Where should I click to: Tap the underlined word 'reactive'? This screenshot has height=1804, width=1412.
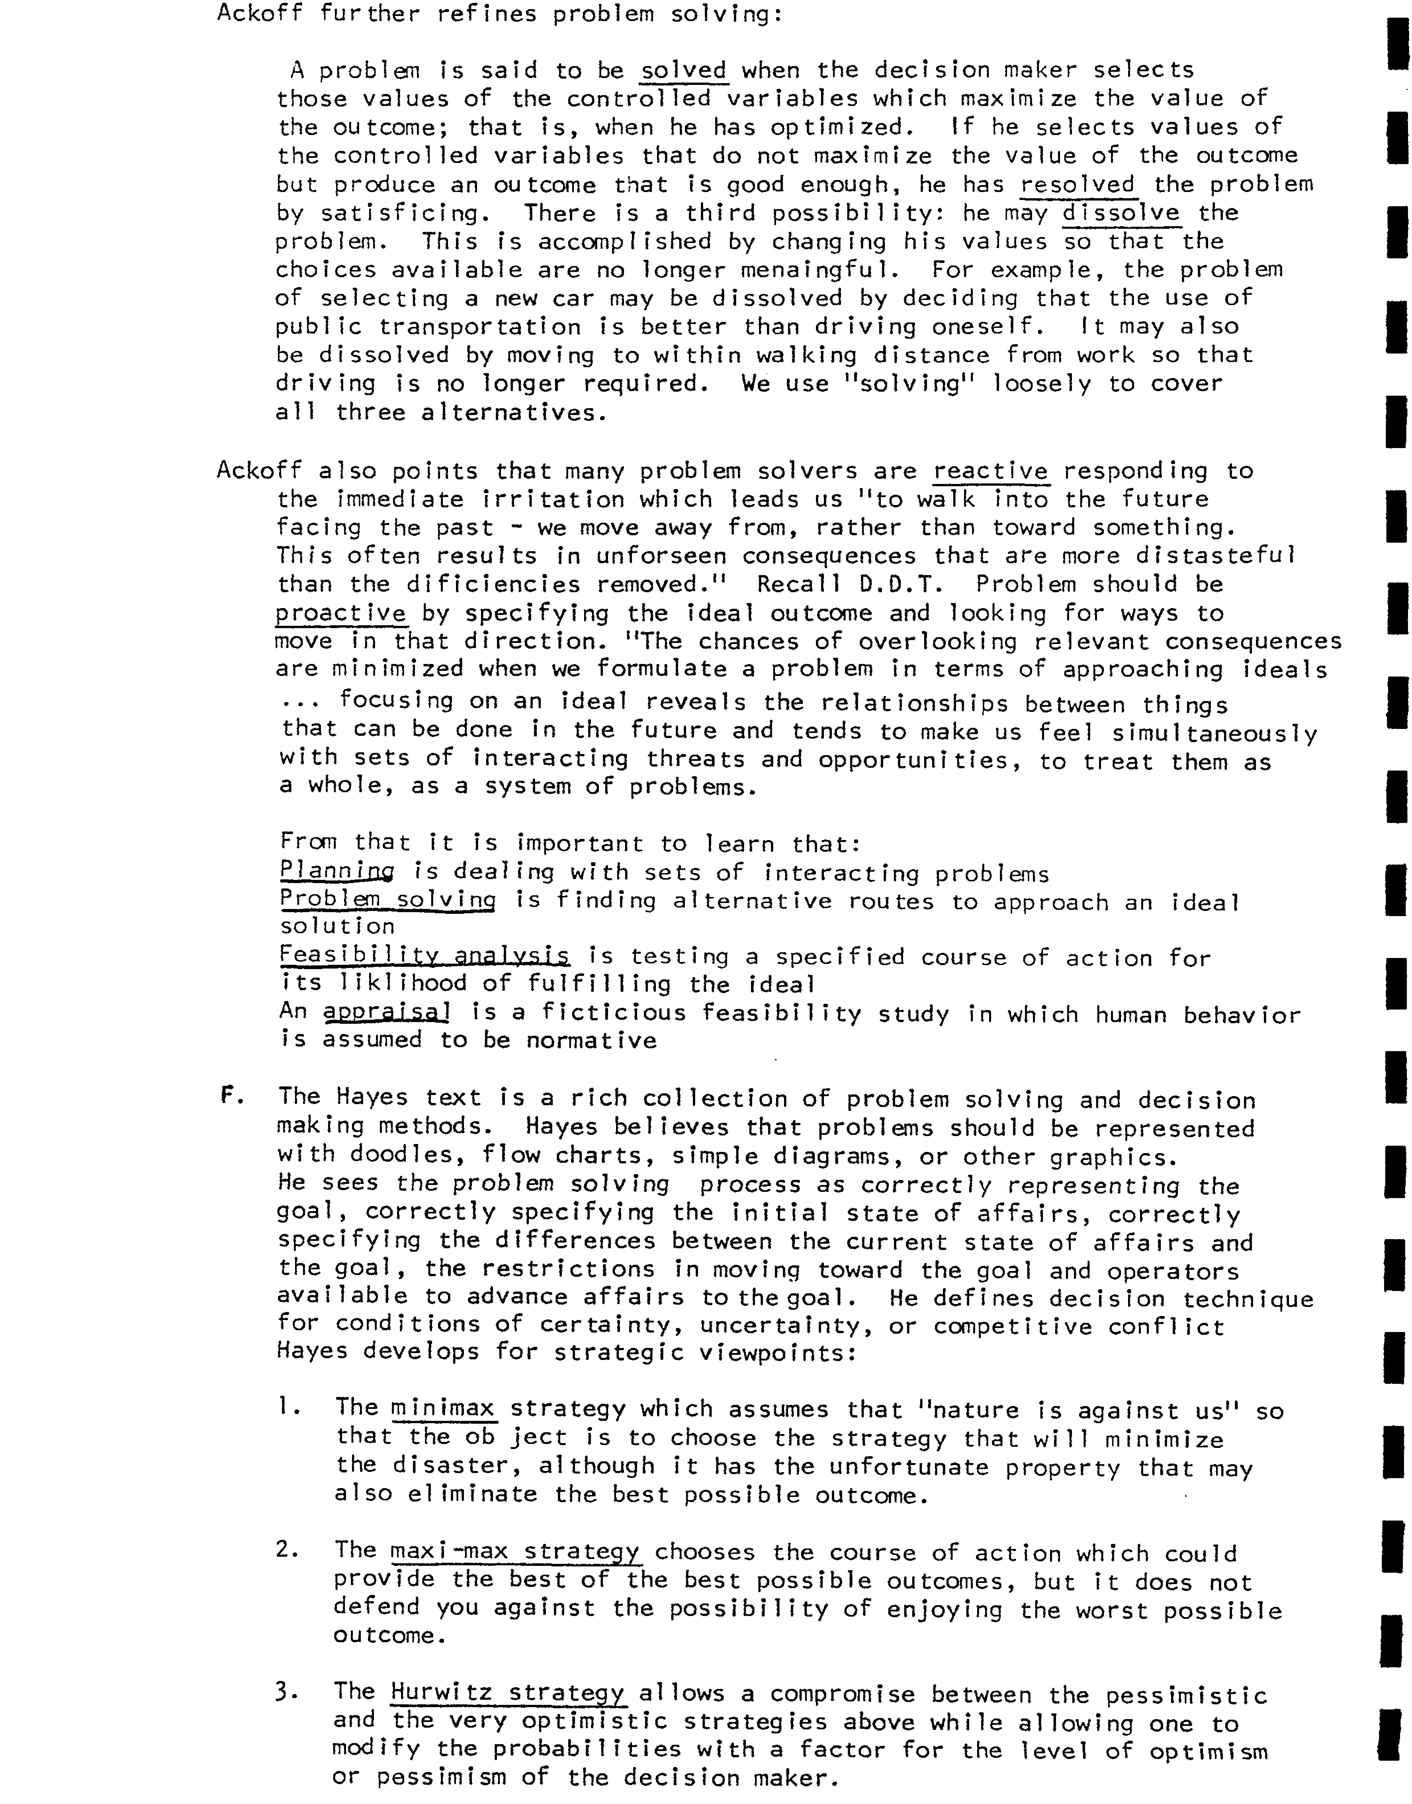coord(991,471)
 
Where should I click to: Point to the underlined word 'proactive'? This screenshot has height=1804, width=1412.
coord(341,614)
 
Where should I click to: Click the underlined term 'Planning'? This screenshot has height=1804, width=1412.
coord(336,871)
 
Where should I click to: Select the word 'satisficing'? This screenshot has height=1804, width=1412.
coord(399,213)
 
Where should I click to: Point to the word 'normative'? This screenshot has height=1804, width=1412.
coord(591,1040)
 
